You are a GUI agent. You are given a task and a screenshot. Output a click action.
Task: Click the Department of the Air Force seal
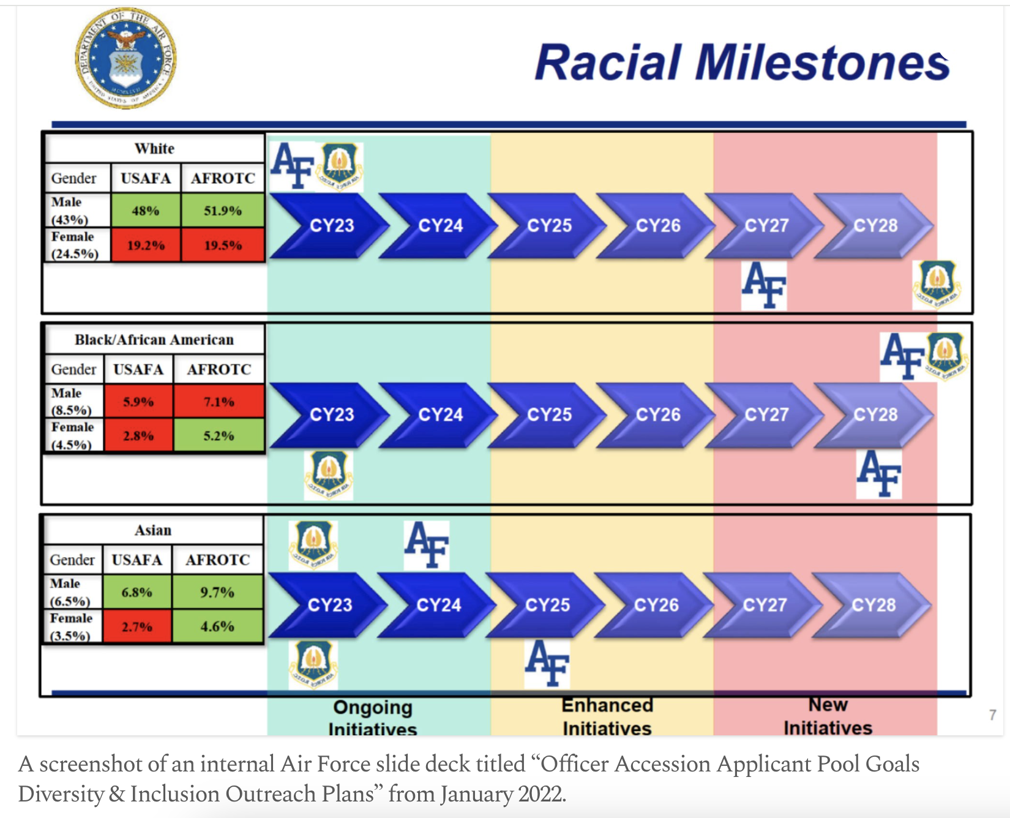tap(125, 58)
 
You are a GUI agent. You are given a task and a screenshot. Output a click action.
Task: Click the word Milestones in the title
tap(821, 62)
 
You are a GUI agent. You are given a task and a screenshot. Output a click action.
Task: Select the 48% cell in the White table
tap(146, 211)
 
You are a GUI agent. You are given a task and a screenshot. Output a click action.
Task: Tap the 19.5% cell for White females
tap(223, 245)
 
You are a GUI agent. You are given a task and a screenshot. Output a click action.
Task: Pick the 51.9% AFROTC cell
tap(223, 211)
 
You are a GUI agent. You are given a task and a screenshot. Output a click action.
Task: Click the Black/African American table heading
tap(154, 339)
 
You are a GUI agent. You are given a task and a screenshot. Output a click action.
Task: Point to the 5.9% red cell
tap(138, 402)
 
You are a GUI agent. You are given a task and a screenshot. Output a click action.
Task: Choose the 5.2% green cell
tap(219, 435)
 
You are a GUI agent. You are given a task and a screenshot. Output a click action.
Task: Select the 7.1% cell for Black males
tap(219, 402)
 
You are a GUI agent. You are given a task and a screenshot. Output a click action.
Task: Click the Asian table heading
tap(153, 530)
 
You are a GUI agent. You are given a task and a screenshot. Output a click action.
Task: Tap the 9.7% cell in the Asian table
tap(217, 592)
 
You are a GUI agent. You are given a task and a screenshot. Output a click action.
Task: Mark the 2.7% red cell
tap(137, 626)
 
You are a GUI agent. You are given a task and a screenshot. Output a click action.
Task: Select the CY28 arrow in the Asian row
tap(872, 605)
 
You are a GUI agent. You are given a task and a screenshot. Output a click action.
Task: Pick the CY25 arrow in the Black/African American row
tap(547, 415)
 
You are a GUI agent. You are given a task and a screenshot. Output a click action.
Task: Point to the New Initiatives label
tap(828, 716)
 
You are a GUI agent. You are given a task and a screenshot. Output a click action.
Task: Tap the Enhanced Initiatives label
tap(607, 716)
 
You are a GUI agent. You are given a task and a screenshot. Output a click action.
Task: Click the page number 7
tap(992, 715)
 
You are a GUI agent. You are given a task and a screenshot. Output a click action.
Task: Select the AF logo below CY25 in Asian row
tap(547, 663)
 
